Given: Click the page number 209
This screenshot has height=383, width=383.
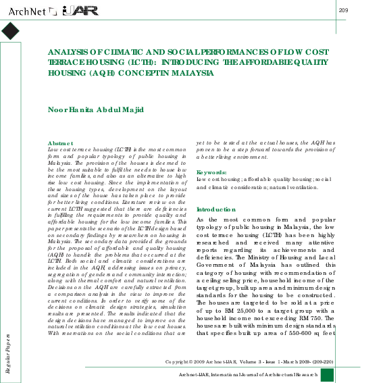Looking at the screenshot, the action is click(x=343, y=9).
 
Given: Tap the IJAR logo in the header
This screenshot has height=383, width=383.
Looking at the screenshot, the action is click(x=80, y=10).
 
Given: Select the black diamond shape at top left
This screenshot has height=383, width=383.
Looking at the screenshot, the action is click(x=11, y=31).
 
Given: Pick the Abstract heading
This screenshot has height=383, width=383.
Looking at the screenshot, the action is click(x=61, y=143).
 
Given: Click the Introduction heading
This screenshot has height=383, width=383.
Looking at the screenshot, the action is click(x=216, y=210).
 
